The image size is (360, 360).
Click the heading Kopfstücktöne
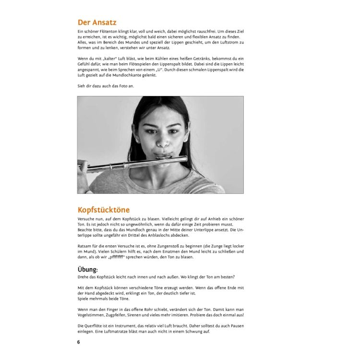click(x=103, y=210)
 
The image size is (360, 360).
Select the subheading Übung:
click(x=87, y=269)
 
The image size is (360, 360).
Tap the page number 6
click(x=79, y=342)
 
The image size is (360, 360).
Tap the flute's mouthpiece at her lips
click(x=163, y=159)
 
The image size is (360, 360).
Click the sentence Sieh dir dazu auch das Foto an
click(x=106, y=86)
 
